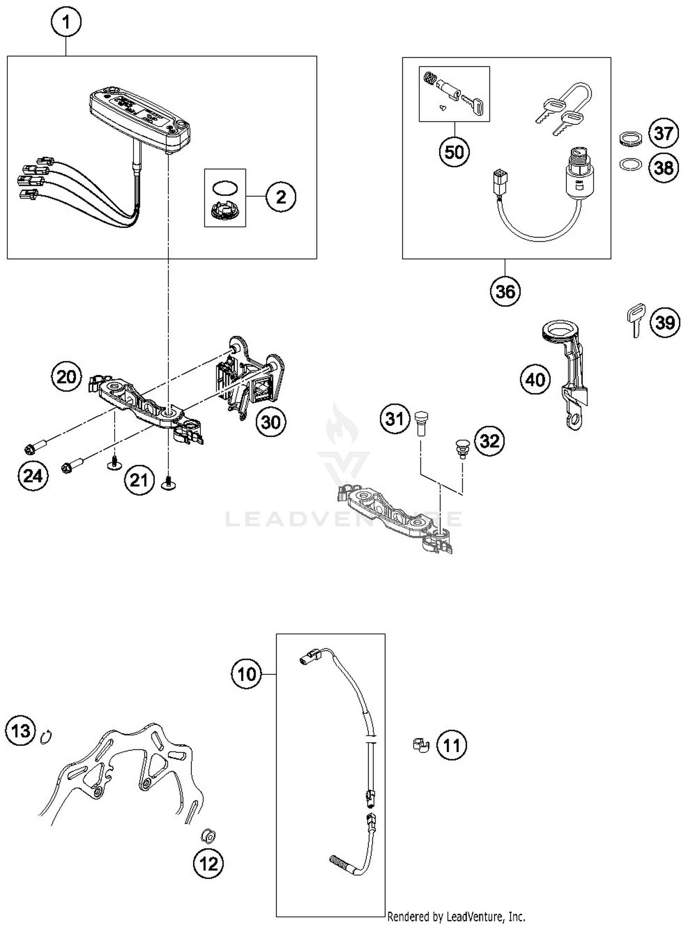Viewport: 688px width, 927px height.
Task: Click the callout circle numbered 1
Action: (66, 22)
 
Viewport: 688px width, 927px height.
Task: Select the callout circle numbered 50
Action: (454, 152)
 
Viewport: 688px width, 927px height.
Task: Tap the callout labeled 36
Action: (505, 291)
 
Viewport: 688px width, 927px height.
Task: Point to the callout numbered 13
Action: (21, 731)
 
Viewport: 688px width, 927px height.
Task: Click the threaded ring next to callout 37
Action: (631, 139)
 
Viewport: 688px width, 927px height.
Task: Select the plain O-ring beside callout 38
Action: (631, 164)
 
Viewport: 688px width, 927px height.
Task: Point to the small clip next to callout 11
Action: (419, 745)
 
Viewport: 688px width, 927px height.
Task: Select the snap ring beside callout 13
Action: (46, 737)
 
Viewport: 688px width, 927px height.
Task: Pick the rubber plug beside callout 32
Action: (461, 449)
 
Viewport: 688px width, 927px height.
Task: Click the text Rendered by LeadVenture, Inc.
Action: (456, 917)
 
